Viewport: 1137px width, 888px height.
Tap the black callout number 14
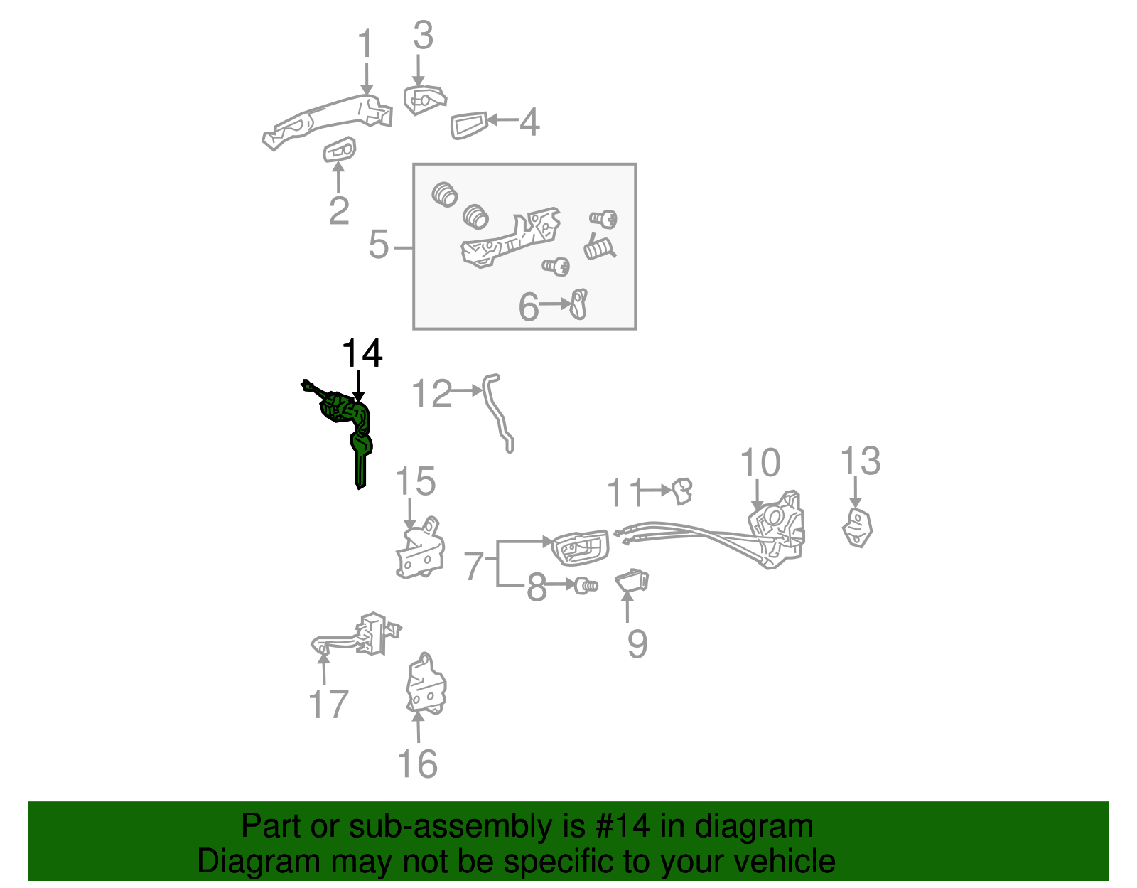tap(362, 353)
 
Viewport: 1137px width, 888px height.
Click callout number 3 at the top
tap(422, 36)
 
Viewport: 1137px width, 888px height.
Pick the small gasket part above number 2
tap(340, 150)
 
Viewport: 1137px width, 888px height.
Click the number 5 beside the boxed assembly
tap(379, 245)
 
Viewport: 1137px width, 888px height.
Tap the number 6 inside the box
tap(529, 307)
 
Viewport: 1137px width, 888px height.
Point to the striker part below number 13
tap(858, 528)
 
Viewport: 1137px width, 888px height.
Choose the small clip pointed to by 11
tap(683, 490)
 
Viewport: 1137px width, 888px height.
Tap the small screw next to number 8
tap(586, 586)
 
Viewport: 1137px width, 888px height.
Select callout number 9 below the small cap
tap(637, 643)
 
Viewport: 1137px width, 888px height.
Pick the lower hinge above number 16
tap(426, 685)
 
